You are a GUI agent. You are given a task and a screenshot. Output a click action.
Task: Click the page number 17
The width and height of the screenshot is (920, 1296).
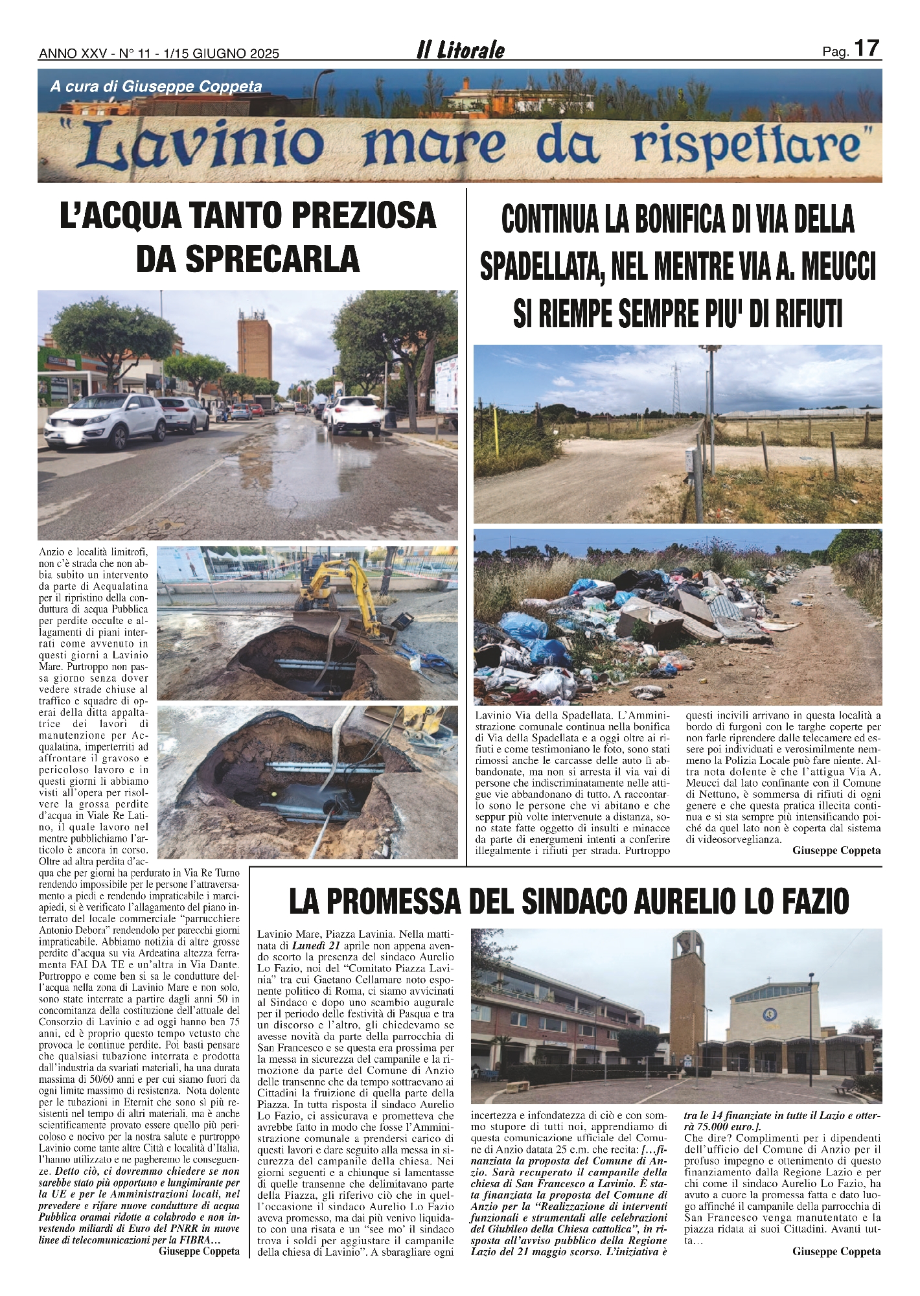point(867,49)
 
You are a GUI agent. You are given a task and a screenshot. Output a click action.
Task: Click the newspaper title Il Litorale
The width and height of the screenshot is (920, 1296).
point(460,51)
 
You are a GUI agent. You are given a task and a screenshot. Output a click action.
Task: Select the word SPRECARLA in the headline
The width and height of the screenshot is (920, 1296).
point(247,259)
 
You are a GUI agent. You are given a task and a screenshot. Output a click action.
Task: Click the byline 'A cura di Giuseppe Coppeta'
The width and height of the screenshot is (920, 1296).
point(156,86)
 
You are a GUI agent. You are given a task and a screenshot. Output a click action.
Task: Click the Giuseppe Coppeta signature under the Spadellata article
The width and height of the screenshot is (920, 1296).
point(836,851)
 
